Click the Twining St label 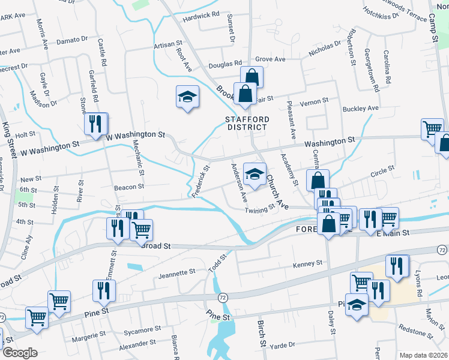(x=259, y=208)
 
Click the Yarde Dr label (x=282, y=345)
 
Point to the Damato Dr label (x=71, y=41)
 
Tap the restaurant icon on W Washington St (x=95, y=124)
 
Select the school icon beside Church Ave (x=255, y=175)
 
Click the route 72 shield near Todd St (x=223, y=298)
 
